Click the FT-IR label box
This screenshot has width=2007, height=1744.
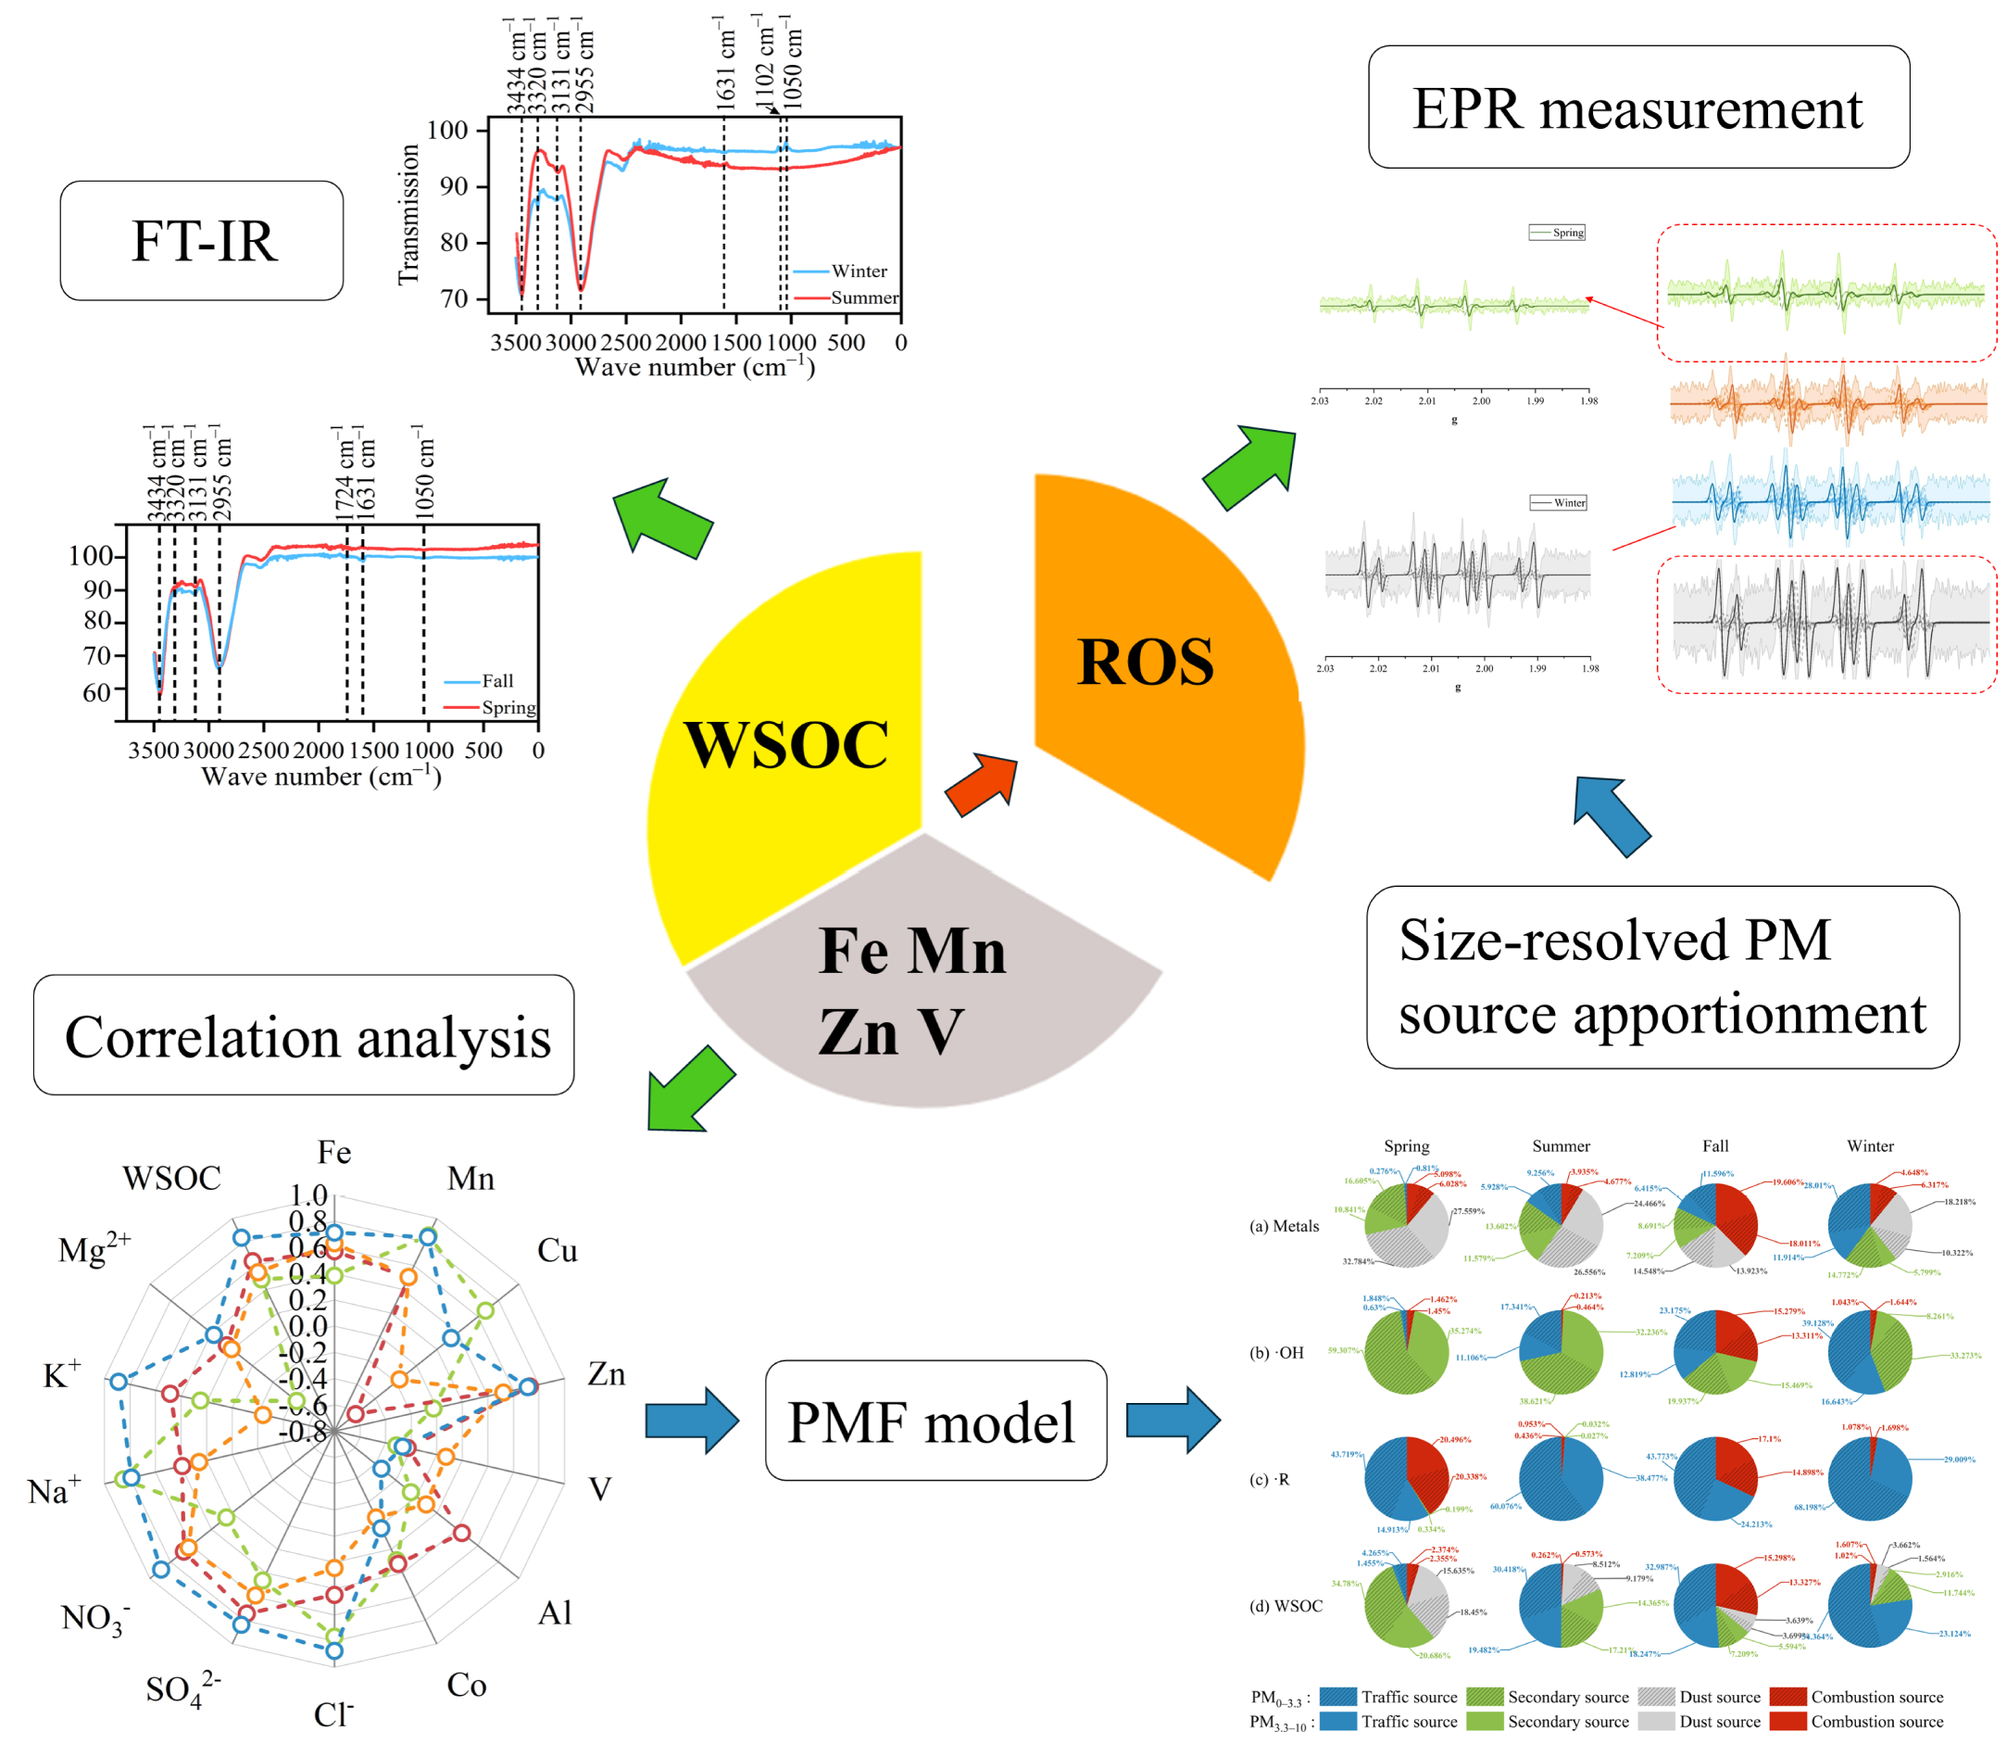(x=201, y=240)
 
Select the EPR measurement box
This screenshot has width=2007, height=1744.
(x=1637, y=107)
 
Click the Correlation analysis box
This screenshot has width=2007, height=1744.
(x=304, y=1035)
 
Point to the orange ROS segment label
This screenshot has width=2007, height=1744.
(x=1145, y=662)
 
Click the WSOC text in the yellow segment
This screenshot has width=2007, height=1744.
(x=785, y=744)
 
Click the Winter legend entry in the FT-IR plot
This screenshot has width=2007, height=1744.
(x=858, y=272)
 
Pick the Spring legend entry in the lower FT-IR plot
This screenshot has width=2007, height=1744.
(x=508, y=708)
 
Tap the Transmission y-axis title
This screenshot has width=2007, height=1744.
(x=408, y=215)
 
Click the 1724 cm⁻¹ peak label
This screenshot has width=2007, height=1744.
(x=344, y=473)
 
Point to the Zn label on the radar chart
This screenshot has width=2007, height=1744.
(x=606, y=1374)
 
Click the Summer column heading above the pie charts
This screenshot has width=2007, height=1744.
(x=1561, y=1145)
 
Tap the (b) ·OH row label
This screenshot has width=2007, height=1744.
(x=1276, y=1353)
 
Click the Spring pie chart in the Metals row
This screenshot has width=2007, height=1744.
(x=1406, y=1225)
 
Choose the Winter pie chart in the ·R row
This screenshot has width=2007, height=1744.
(x=1869, y=1478)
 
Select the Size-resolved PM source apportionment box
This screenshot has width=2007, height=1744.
(x=1662, y=976)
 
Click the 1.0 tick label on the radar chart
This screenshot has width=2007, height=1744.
(x=308, y=1195)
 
